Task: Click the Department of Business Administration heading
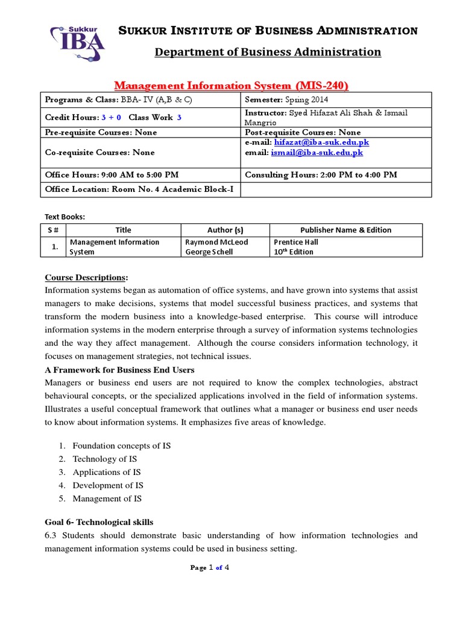coord(268,52)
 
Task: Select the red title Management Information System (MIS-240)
coord(231,86)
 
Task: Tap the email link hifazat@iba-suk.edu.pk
coord(321,142)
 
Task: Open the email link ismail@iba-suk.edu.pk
coord(317,153)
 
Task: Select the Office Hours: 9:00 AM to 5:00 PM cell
coord(112,175)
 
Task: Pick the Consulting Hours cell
coord(321,175)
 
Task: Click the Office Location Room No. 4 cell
coord(139,190)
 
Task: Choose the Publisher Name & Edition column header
coord(345,230)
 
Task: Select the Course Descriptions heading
coord(86,278)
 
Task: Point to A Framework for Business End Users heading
coord(120,369)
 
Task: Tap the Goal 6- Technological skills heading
coord(99,521)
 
